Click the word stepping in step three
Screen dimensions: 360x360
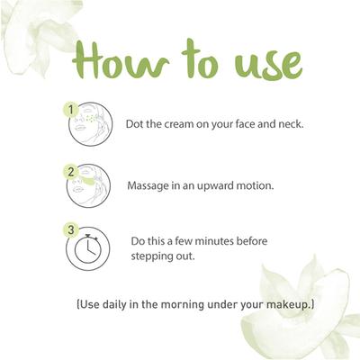click(x=155, y=256)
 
